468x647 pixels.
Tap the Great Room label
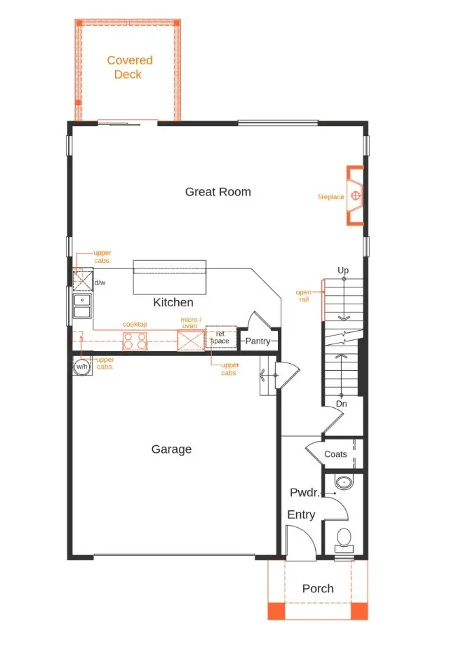pyautogui.click(x=218, y=191)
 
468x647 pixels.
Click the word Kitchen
pyautogui.click(x=173, y=302)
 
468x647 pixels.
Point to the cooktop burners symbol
pyautogui.click(x=135, y=341)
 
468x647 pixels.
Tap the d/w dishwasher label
pyautogui.click(x=100, y=282)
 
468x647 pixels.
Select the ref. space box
pyautogui.click(x=220, y=338)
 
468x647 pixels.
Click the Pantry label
pyautogui.click(x=258, y=341)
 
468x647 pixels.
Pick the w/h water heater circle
pyautogui.click(x=82, y=367)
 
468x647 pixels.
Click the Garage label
pyautogui.click(x=171, y=449)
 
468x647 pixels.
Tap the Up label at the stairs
pyautogui.click(x=343, y=270)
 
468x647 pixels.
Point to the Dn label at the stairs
pyautogui.click(x=341, y=404)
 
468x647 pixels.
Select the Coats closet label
pyautogui.click(x=335, y=454)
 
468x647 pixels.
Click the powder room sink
pyautogui.click(x=344, y=483)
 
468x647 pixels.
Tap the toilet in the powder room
pyautogui.click(x=344, y=538)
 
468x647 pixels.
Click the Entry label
pyautogui.click(x=301, y=515)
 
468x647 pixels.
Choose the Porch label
pyautogui.click(x=318, y=588)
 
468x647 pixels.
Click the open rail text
pyautogui.click(x=303, y=295)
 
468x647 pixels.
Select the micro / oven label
pyautogui.click(x=191, y=322)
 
